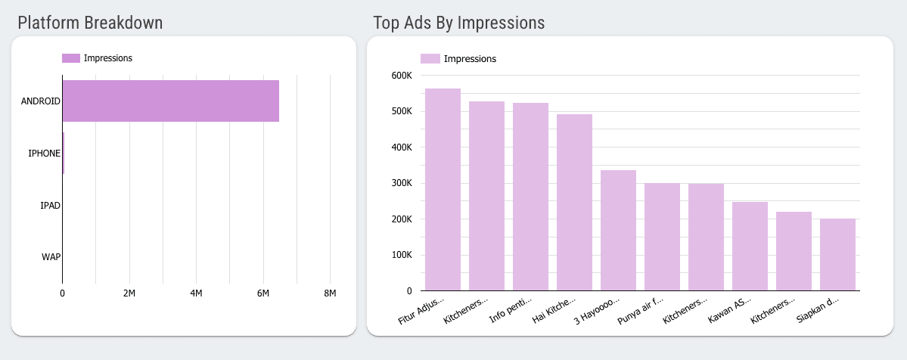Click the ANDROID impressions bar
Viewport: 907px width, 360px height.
pyautogui.click(x=170, y=101)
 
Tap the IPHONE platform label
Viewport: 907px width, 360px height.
pyautogui.click(x=44, y=154)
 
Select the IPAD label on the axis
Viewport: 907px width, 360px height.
pyautogui.click(x=50, y=205)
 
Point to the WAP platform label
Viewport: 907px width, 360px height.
pyautogui.click(x=51, y=256)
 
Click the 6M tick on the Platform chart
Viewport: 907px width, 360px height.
pyautogui.click(x=263, y=293)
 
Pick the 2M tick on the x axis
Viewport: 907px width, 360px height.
pyautogui.click(x=129, y=293)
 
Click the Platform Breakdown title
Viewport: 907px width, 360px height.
pyautogui.click(x=90, y=23)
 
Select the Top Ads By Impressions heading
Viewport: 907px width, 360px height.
pyautogui.click(x=458, y=23)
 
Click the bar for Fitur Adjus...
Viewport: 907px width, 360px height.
pyautogui.click(x=443, y=189)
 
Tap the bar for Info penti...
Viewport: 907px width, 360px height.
pyautogui.click(x=530, y=197)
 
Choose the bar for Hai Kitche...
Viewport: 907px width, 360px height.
pyautogui.click(x=574, y=202)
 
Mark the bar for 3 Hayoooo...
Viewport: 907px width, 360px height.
pyautogui.click(x=618, y=230)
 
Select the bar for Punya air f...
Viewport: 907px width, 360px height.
pyautogui.click(x=662, y=237)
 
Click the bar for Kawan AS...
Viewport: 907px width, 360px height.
pyautogui.click(x=750, y=246)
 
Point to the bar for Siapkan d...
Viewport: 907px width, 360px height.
pyautogui.click(x=837, y=254)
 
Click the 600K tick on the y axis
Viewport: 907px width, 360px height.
pyautogui.click(x=400, y=76)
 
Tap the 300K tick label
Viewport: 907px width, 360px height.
pyautogui.click(x=400, y=183)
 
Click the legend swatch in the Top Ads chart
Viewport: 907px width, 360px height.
pyautogui.click(x=430, y=58)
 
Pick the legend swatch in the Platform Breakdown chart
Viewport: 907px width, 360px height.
pyautogui.click(x=70, y=58)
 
